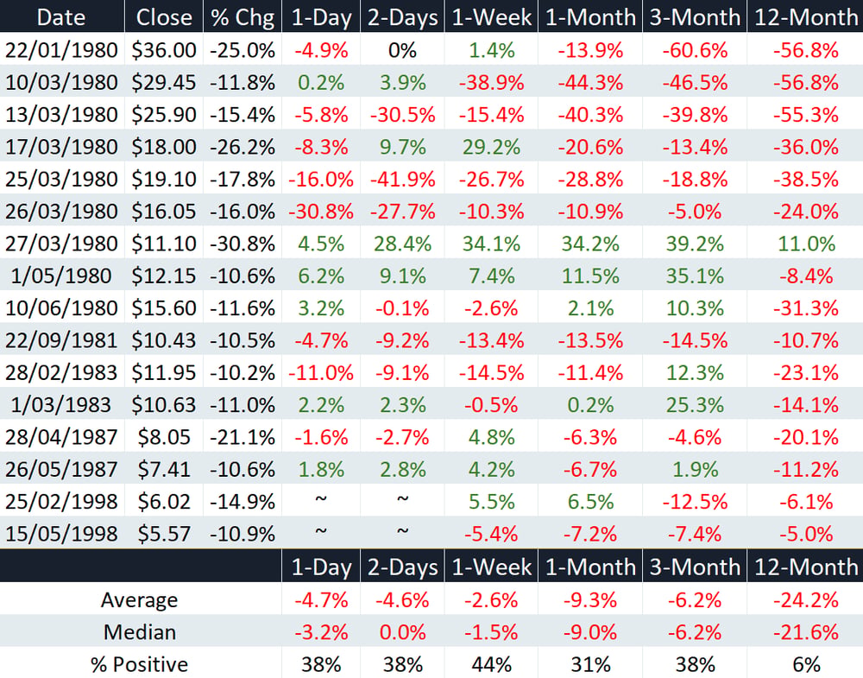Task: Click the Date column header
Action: pyautogui.click(x=61, y=17)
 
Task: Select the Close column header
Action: pyautogui.click(x=164, y=17)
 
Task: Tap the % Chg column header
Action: pyautogui.click(x=243, y=17)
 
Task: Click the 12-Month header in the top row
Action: pyautogui.click(x=806, y=17)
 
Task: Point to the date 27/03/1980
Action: pyautogui.click(x=61, y=244)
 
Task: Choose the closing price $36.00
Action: pyautogui.click(x=164, y=50)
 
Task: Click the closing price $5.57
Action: pyautogui.click(x=164, y=534)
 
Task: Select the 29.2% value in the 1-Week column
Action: pyautogui.click(x=491, y=147)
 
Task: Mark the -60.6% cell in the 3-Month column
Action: pyautogui.click(x=695, y=50)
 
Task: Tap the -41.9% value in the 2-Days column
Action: pyautogui.click(x=402, y=179)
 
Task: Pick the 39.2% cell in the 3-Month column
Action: pyautogui.click(x=695, y=244)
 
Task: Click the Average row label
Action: pyautogui.click(x=139, y=599)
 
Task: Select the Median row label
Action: pyautogui.click(x=140, y=631)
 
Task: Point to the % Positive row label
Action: pyautogui.click(x=140, y=664)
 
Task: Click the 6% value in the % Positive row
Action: pyautogui.click(x=806, y=664)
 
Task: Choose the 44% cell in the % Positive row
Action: pyautogui.click(x=491, y=664)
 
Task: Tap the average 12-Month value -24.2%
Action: pyautogui.click(x=806, y=599)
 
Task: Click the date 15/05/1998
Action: pyautogui.click(x=61, y=534)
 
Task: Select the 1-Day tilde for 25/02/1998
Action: pyautogui.click(x=321, y=499)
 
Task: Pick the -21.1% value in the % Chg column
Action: pyautogui.click(x=243, y=437)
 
